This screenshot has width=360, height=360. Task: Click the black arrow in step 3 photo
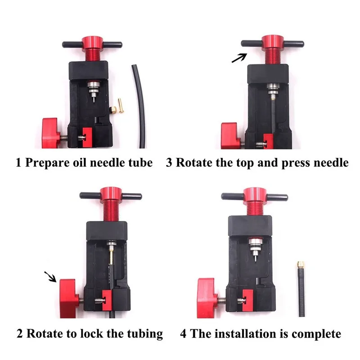(239, 58)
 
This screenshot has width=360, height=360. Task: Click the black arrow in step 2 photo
(50, 277)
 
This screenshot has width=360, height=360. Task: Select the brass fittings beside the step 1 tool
(117, 106)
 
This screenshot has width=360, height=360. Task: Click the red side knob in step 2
(68, 298)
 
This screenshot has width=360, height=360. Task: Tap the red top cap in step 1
(92, 42)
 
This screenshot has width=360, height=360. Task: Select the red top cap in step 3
(273, 42)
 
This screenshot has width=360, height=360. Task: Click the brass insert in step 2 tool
(111, 255)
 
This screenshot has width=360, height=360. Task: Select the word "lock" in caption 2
(92, 333)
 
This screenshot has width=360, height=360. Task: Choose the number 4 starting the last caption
(183, 334)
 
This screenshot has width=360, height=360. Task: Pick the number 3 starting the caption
(169, 162)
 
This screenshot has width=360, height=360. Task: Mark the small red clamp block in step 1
(87, 137)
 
